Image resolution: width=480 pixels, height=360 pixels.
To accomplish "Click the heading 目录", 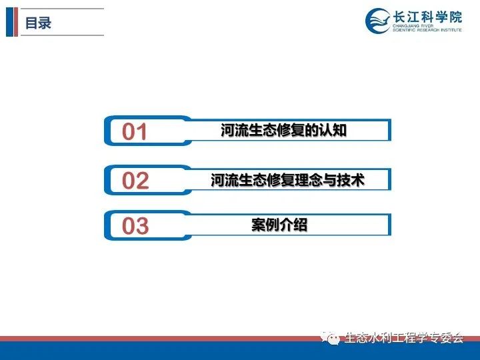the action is [38, 23].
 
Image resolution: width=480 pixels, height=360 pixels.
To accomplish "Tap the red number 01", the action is [135, 131].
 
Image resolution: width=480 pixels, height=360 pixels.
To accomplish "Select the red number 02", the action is [135, 180].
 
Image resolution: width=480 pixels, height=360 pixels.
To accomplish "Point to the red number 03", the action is [135, 225].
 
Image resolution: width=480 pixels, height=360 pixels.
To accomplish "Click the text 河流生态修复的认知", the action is [283, 130].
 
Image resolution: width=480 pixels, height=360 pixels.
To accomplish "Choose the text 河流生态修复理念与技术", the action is [287, 180].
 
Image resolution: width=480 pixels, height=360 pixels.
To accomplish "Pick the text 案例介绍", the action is [279, 225].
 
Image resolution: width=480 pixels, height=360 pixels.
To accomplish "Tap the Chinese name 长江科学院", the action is [427, 17].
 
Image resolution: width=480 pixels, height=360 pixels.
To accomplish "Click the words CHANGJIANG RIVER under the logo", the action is [413, 26].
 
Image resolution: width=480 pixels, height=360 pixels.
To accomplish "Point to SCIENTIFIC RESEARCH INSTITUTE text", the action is [427, 30].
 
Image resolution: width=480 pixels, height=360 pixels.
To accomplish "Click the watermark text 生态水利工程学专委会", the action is [404, 337].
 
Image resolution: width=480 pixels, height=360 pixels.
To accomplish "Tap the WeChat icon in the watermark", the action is [331, 337].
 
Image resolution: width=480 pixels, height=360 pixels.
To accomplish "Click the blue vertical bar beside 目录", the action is [10, 22].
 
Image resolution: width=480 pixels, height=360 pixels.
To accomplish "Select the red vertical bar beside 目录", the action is [16, 22].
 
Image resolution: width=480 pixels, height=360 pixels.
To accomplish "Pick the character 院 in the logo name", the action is [455, 17].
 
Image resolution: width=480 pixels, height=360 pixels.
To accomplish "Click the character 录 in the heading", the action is [45, 23].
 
